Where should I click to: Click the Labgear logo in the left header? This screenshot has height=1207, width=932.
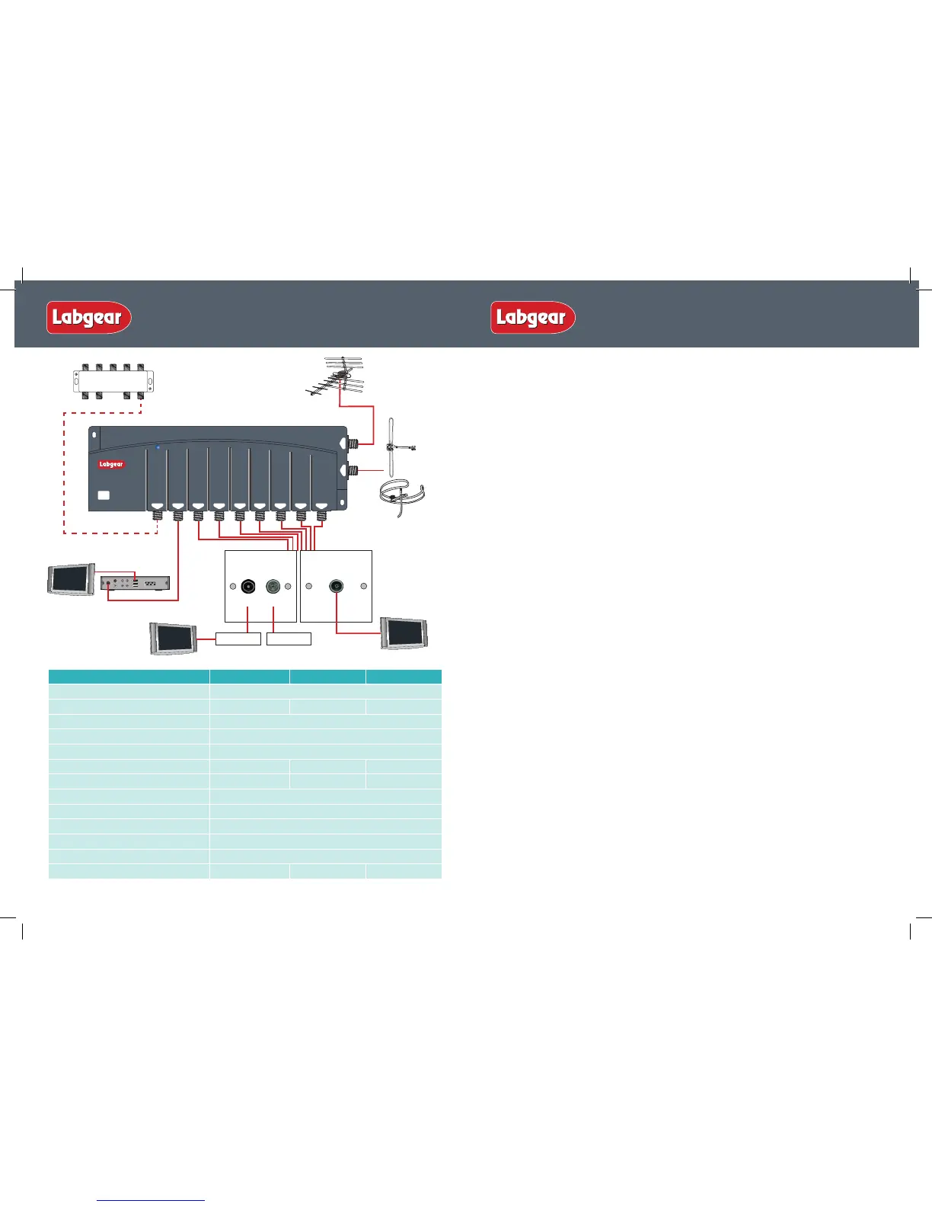tap(89, 317)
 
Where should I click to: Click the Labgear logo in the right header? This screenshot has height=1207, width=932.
tap(533, 317)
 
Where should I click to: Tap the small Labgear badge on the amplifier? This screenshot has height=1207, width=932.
tap(111, 464)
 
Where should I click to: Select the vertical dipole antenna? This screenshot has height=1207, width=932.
tap(393, 447)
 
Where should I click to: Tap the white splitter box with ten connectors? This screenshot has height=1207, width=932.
tap(113, 380)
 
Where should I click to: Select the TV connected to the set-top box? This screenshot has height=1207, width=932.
tap(71, 579)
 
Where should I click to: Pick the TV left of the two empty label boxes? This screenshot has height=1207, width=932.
tap(174, 638)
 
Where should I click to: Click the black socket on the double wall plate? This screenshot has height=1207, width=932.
tap(248, 587)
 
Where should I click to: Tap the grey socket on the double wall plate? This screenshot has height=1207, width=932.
tap(273, 587)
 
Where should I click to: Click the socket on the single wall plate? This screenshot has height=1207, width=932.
tap(336, 586)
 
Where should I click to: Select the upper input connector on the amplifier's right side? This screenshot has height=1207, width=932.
tap(354, 443)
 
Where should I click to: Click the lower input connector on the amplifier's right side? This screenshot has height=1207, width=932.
tap(354, 472)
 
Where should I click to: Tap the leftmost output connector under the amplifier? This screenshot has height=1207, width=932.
tap(156, 516)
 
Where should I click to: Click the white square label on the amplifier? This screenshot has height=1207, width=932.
tap(104, 495)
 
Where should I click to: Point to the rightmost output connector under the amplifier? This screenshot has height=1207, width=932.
tap(321, 516)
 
